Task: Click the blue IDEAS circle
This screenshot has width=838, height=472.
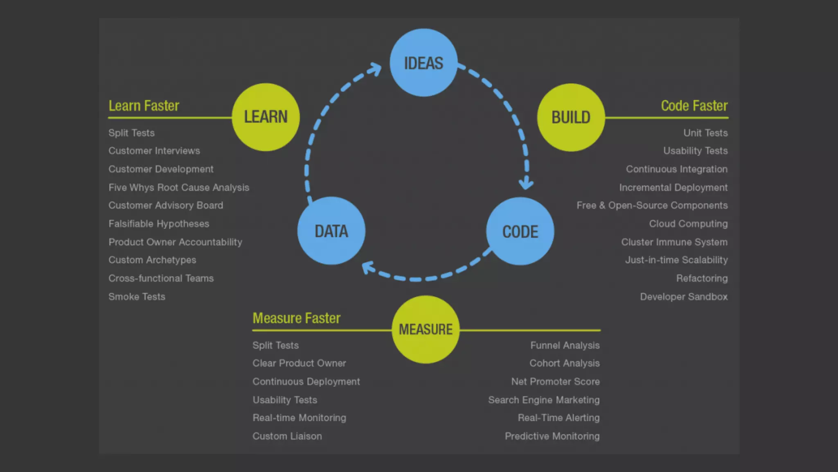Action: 424,63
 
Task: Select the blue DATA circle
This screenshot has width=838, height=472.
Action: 331,231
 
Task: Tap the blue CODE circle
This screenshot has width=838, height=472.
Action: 520,231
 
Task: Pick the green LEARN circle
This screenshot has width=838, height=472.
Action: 266,117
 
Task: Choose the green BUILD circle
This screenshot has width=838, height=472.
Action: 571,118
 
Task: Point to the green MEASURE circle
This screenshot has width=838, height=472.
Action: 426,329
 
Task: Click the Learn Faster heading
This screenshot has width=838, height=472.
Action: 144,106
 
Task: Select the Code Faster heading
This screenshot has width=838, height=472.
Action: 694,106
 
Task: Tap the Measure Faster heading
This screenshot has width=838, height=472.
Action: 296,318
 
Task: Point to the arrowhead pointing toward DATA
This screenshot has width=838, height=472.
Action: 369,268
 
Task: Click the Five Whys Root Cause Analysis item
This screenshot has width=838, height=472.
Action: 179,188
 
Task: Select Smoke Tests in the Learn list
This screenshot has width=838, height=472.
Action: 137,297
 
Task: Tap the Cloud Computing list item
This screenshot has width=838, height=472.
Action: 688,224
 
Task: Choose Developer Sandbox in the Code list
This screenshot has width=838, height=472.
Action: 684,297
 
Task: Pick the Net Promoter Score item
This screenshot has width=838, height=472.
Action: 555,381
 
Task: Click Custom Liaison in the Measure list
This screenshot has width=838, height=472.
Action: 287,436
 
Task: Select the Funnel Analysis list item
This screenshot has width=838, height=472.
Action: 565,345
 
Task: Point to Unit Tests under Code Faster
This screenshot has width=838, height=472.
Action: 705,133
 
